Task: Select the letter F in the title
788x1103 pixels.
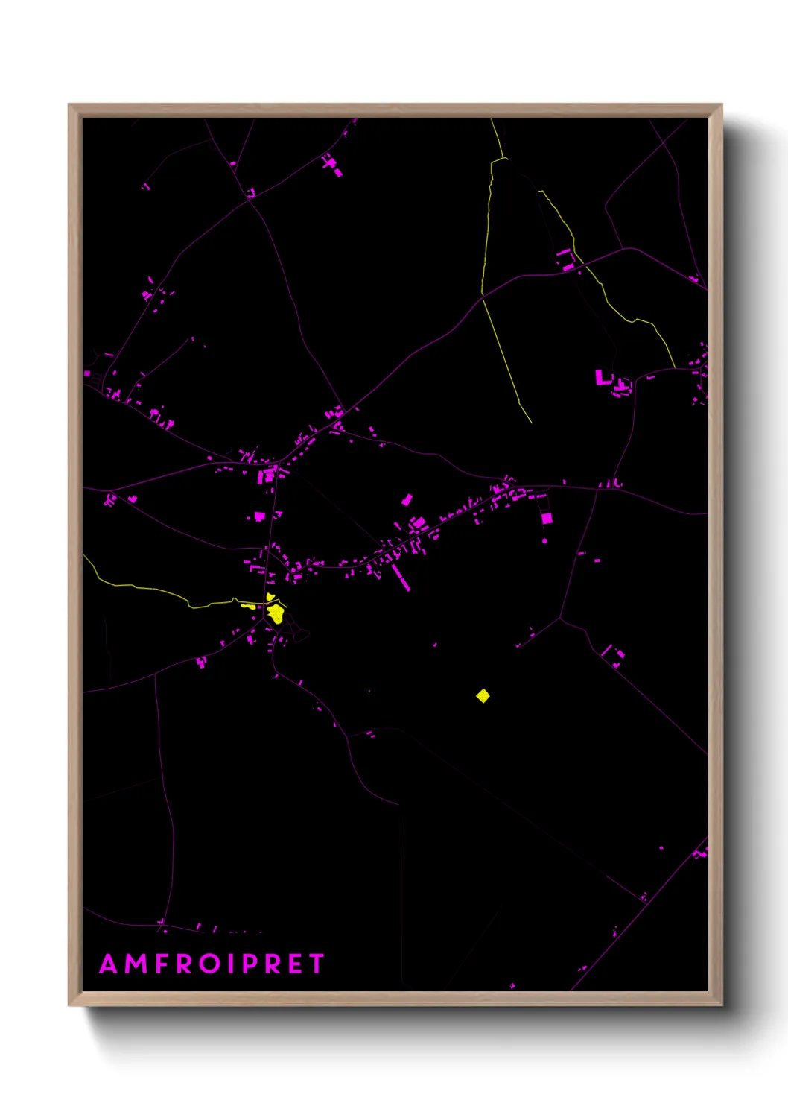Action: click(x=160, y=964)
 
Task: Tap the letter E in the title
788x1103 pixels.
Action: click(x=295, y=964)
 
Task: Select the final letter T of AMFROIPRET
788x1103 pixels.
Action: click(x=317, y=964)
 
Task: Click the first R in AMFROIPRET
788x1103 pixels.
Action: click(x=183, y=964)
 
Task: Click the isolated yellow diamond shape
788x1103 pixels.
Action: click(x=483, y=696)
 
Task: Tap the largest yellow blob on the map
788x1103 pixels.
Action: click(x=276, y=614)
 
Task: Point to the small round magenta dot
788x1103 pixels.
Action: click(x=544, y=541)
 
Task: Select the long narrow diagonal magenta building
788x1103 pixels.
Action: click(x=401, y=578)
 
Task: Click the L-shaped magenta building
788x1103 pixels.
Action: click(x=602, y=377)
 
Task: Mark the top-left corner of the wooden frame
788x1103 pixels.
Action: click(x=69, y=105)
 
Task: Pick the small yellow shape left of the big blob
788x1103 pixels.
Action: click(x=248, y=607)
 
